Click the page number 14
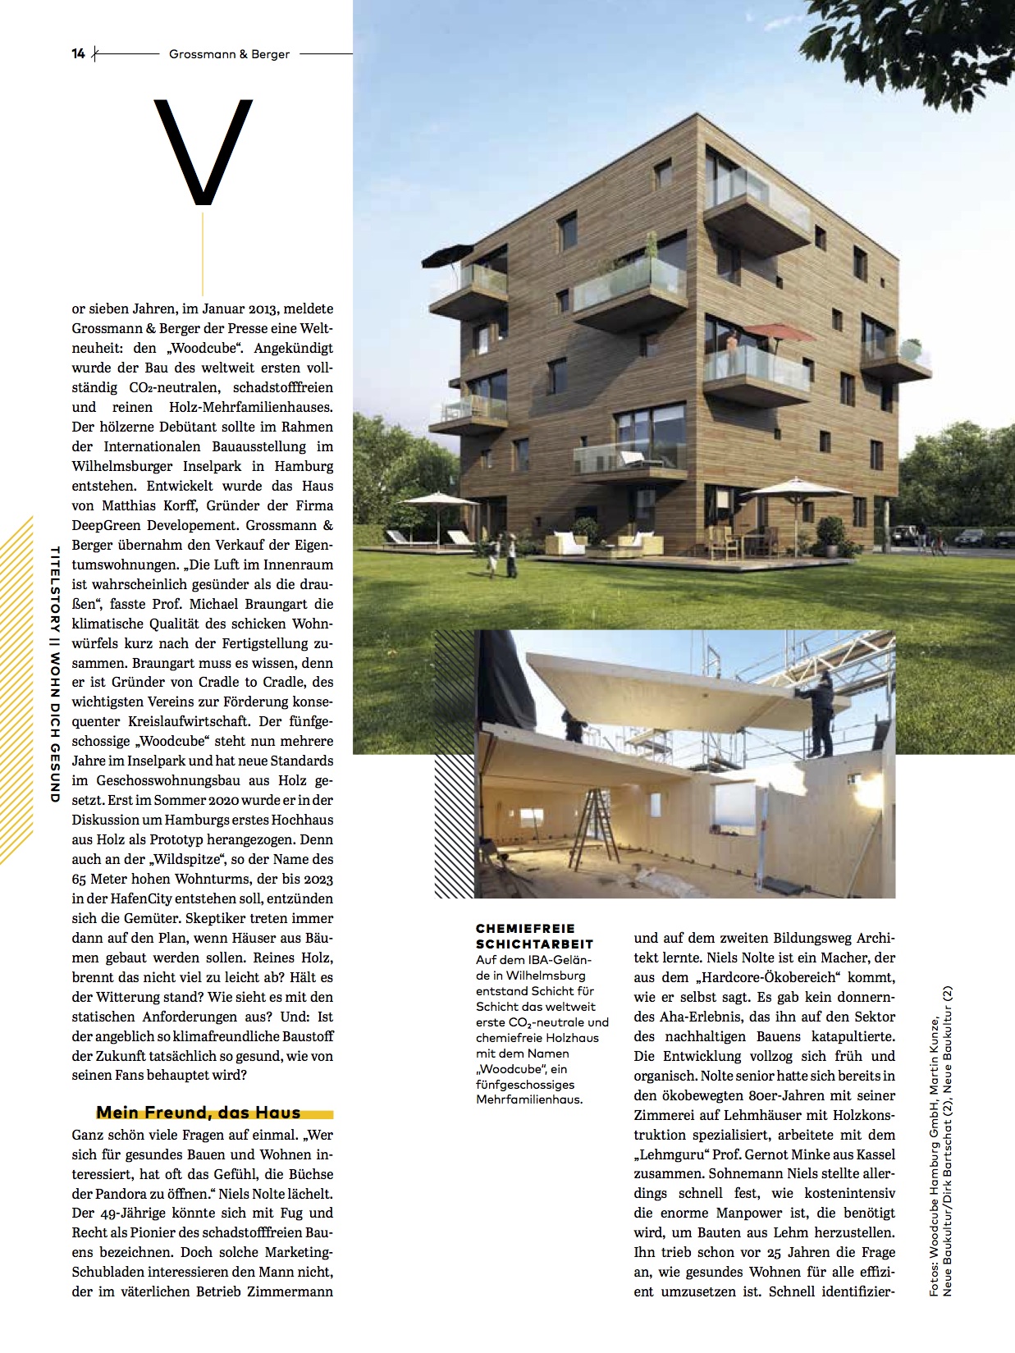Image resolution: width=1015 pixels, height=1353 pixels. coord(79,54)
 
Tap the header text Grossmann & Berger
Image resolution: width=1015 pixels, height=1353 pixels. coord(229,54)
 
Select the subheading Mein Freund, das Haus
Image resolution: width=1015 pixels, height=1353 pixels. coord(199,1113)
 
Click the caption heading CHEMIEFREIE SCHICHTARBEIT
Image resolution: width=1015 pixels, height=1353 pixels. coord(534,936)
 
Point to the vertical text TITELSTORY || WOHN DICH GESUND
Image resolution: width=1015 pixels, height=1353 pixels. coord(55,674)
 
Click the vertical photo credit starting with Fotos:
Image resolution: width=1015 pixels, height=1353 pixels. coord(940,1140)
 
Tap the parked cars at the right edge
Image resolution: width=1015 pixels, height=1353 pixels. coord(981,538)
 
